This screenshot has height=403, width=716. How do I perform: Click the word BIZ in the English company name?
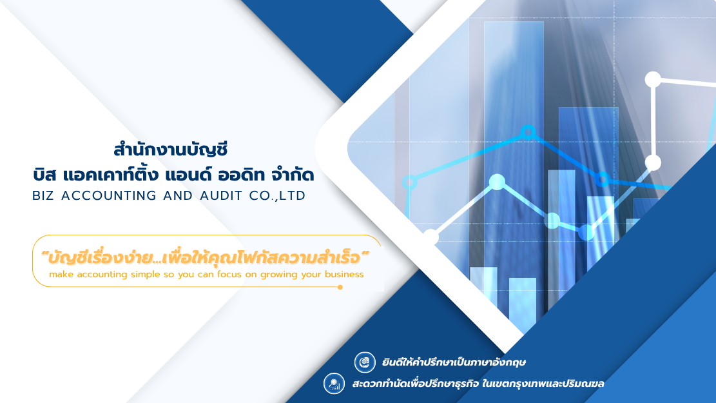(44, 195)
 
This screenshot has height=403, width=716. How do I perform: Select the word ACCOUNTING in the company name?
(106, 195)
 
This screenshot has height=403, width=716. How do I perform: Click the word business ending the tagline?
(344, 274)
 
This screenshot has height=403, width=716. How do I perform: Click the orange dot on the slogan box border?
(340, 287)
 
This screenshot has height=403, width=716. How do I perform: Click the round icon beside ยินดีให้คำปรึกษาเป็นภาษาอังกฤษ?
(365, 362)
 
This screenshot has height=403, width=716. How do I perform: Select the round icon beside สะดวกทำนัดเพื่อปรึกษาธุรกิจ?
(334, 384)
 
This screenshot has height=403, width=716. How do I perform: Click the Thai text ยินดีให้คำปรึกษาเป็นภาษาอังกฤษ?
(449, 362)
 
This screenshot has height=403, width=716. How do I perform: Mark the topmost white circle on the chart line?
(653, 79)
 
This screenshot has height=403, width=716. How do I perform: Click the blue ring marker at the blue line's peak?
(528, 132)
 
